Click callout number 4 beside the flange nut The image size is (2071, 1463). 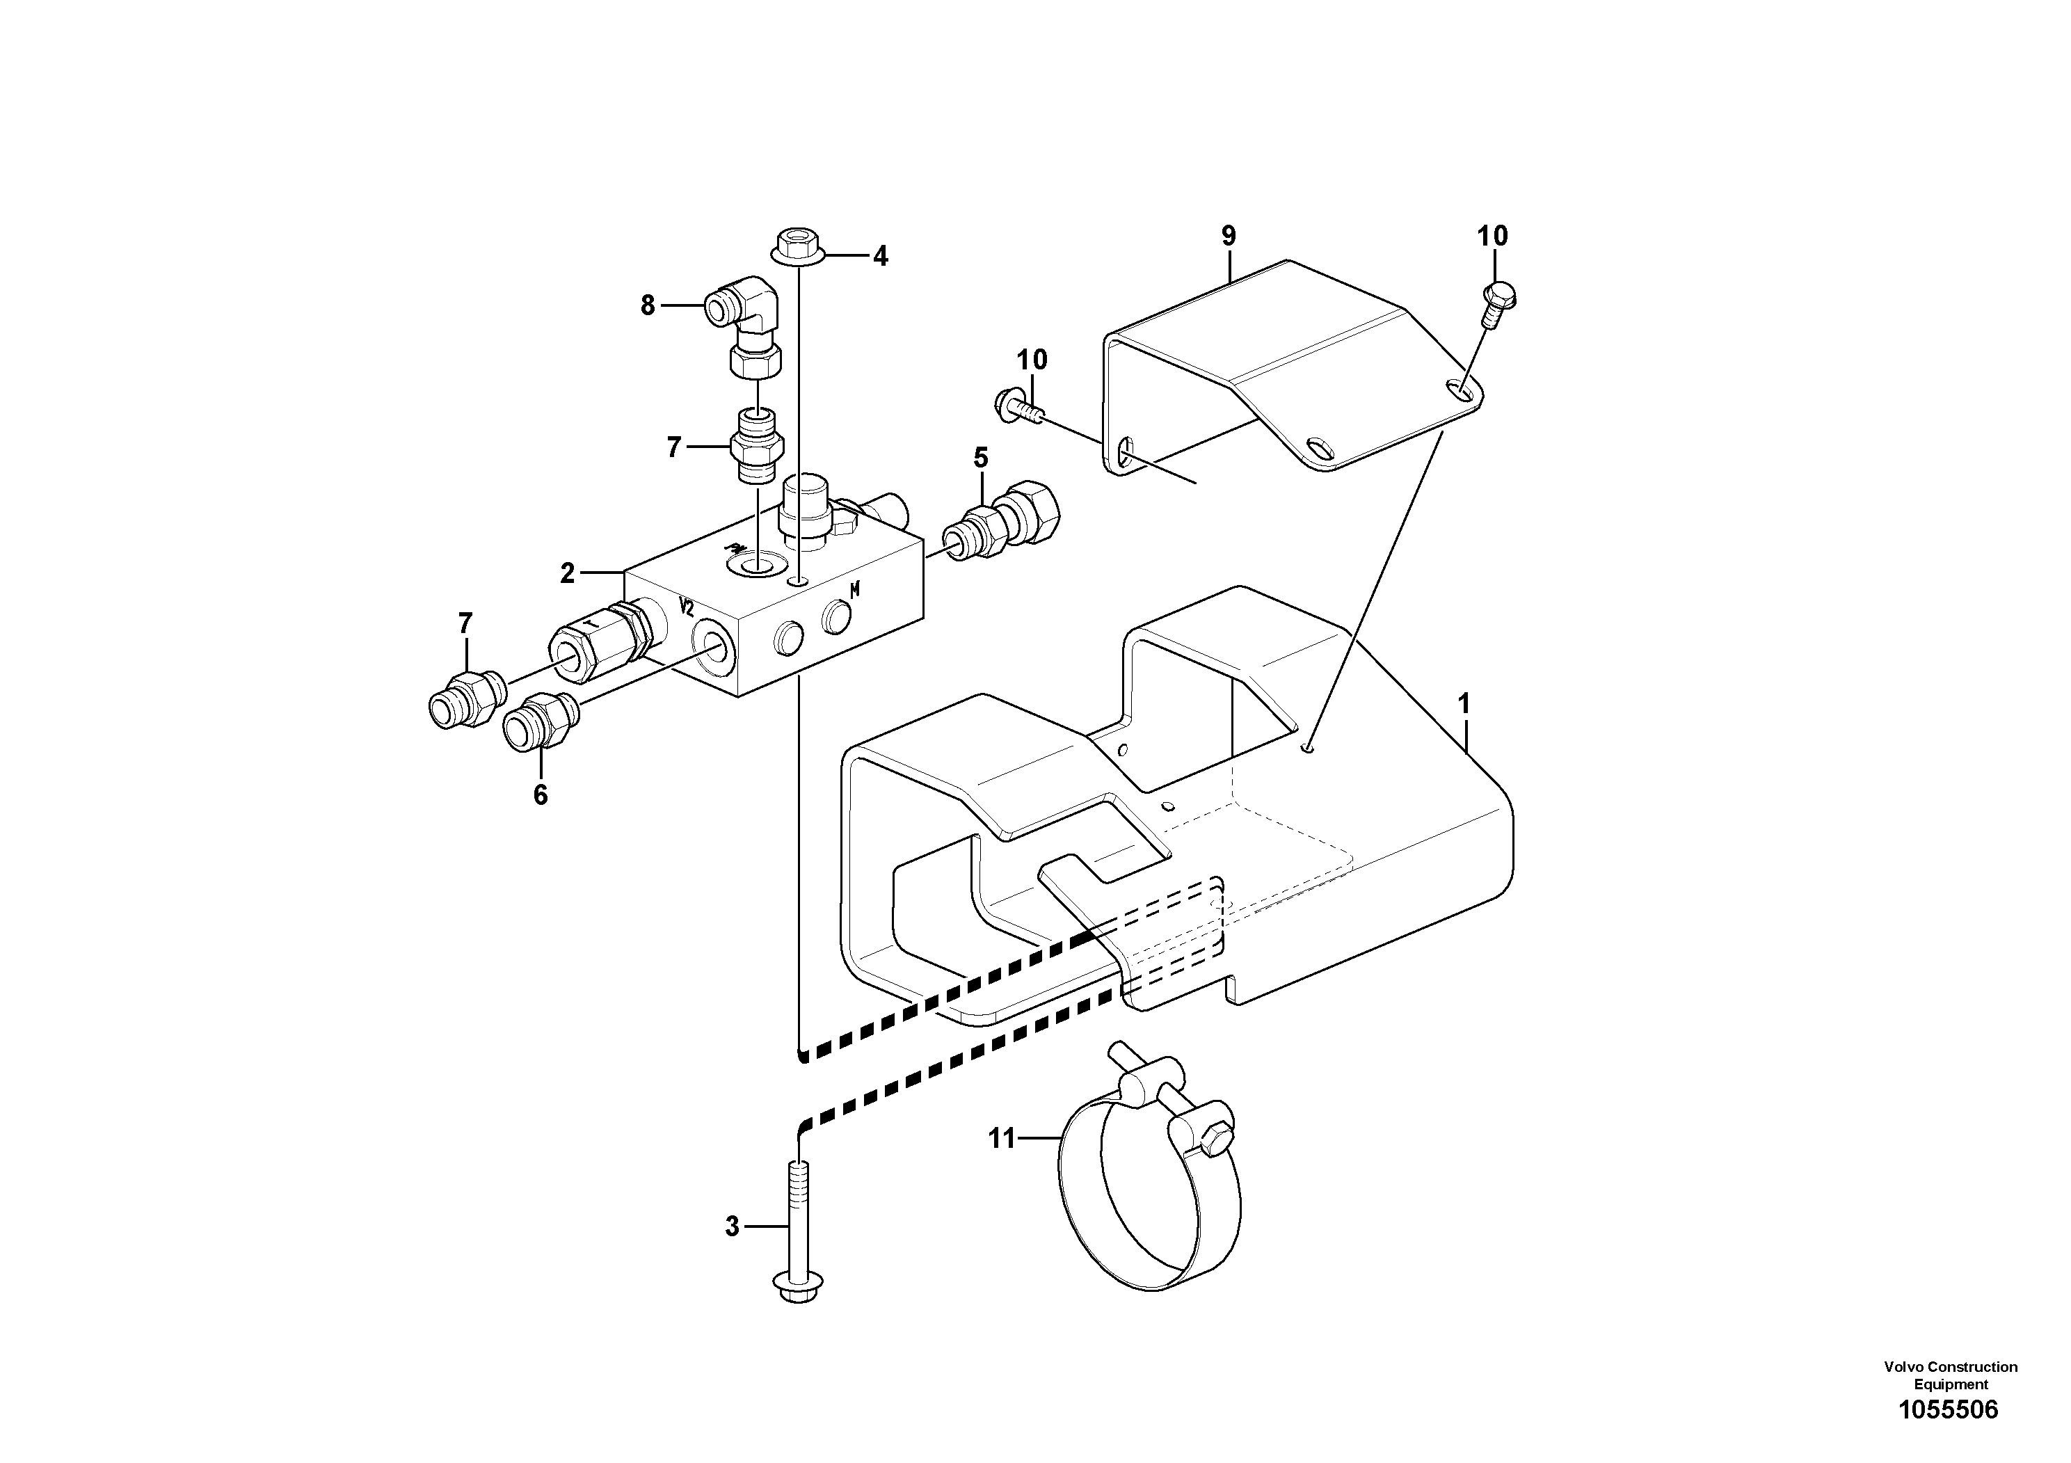pos(879,257)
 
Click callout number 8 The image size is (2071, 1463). pos(648,306)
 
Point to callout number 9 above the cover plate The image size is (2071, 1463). pos(1229,237)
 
